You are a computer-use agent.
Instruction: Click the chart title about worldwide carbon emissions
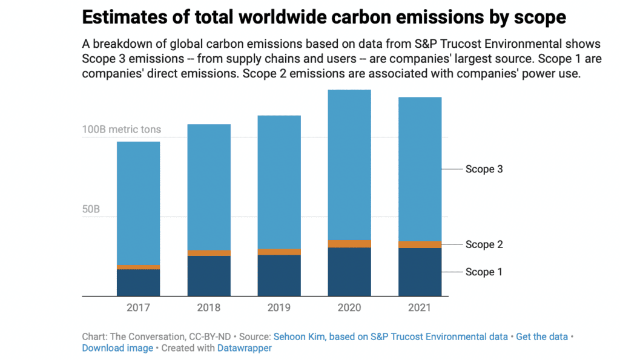point(323,17)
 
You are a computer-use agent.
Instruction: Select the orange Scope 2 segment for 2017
point(138,267)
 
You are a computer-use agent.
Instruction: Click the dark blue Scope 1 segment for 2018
point(208,276)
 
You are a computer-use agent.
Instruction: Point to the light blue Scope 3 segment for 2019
point(279,182)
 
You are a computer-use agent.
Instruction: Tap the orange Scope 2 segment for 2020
point(349,244)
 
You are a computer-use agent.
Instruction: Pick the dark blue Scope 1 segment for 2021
point(420,272)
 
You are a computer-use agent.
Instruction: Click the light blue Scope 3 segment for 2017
point(138,203)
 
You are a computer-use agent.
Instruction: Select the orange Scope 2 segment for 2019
point(279,252)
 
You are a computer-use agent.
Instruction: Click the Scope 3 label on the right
point(484,169)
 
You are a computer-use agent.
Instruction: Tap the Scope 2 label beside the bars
point(484,244)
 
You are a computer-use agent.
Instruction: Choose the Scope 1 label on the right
point(484,272)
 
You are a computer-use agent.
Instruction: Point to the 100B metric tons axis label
point(122,130)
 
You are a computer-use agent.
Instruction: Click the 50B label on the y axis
point(91,210)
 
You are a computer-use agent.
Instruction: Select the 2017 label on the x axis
point(138,307)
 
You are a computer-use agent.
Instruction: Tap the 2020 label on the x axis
point(349,307)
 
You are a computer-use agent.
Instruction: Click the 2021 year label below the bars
point(420,307)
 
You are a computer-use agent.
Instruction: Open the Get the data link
point(542,336)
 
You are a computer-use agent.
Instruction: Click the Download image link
point(117,348)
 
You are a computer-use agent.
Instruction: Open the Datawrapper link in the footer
point(244,348)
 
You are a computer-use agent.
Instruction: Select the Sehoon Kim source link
point(391,336)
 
